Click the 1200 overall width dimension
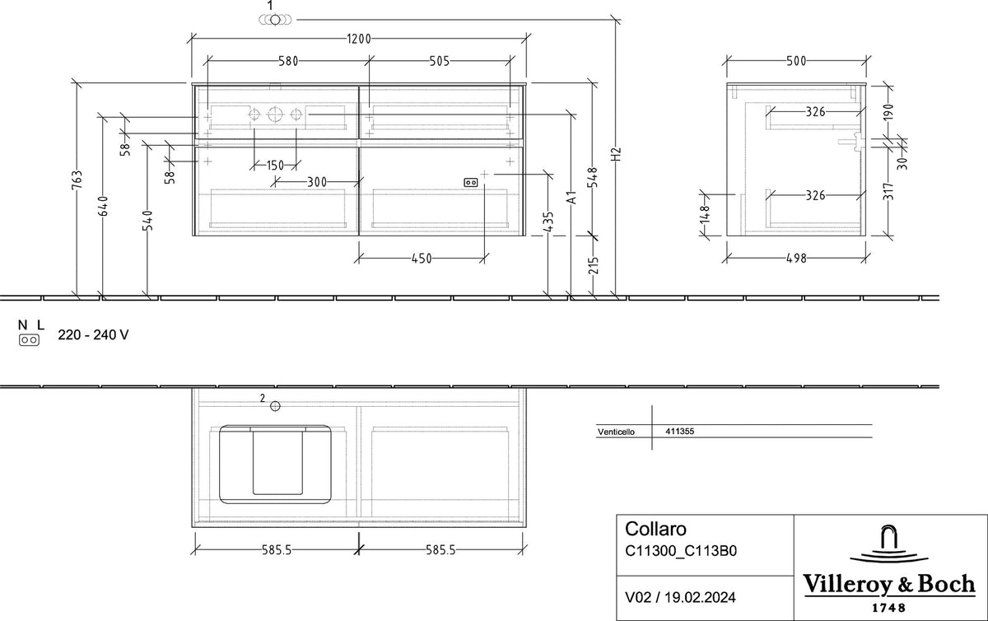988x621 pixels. (x=359, y=39)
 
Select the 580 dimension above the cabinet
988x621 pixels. (x=288, y=61)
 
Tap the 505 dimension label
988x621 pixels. (x=440, y=61)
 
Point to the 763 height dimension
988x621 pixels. (x=77, y=180)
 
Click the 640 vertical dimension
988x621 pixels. (x=103, y=206)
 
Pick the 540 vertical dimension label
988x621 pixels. (x=147, y=220)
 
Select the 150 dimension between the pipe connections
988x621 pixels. (x=275, y=166)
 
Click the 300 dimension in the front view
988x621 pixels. (x=317, y=181)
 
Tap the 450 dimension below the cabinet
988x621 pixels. (x=422, y=259)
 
